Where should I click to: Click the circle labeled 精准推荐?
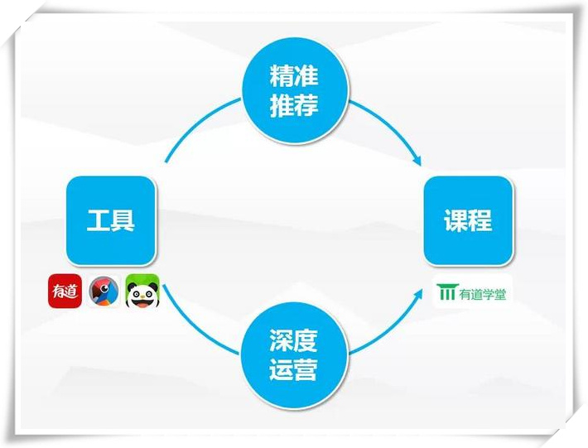[x=295, y=90]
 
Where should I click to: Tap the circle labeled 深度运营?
[x=295, y=354]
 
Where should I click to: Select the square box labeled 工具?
[x=111, y=220]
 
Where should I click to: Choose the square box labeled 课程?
[x=469, y=220]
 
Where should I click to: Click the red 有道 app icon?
[x=65, y=291]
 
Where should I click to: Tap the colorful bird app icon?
[x=104, y=291]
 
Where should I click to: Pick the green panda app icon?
[x=142, y=291]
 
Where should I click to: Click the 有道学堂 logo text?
[x=483, y=294]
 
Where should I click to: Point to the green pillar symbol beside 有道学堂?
[x=446, y=292]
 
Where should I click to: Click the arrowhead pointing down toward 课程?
[x=417, y=161]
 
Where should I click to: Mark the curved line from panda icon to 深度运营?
[x=195, y=325]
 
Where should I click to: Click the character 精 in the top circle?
[x=282, y=75]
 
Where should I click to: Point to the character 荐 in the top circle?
[x=306, y=105]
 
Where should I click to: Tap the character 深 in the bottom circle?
[x=282, y=340]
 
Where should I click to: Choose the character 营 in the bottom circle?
[x=306, y=369]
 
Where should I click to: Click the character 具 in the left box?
[x=123, y=220]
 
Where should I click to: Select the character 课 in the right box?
[x=456, y=220]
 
